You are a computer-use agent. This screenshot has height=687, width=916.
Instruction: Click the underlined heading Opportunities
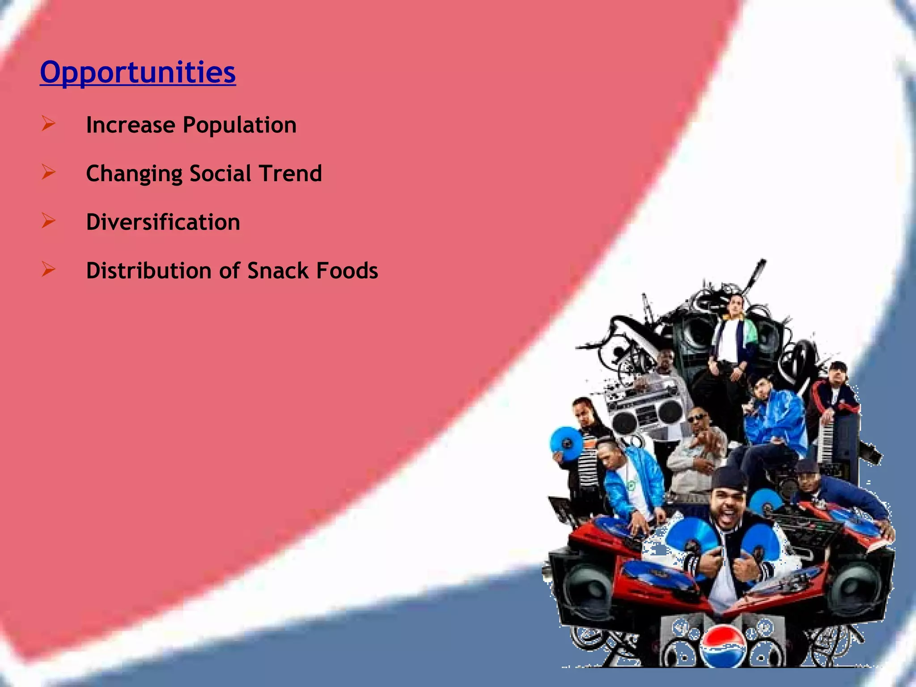(138, 72)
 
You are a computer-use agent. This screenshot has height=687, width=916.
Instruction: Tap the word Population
(240, 125)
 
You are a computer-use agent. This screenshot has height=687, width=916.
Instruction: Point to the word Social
(220, 174)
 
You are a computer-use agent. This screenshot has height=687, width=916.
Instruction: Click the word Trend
(290, 174)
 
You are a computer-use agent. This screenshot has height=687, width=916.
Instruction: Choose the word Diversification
(163, 222)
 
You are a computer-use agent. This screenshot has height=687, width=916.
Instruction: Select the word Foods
(347, 271)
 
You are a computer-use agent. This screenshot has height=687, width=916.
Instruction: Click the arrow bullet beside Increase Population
(48, 123)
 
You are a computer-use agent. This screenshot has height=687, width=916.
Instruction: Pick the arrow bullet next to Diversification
(48, 221)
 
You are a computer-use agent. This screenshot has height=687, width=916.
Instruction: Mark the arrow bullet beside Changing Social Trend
(48, 172)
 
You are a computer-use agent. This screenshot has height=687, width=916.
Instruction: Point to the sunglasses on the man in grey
(697, 418)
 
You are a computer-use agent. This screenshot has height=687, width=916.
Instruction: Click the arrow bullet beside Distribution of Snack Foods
(48, 269)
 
